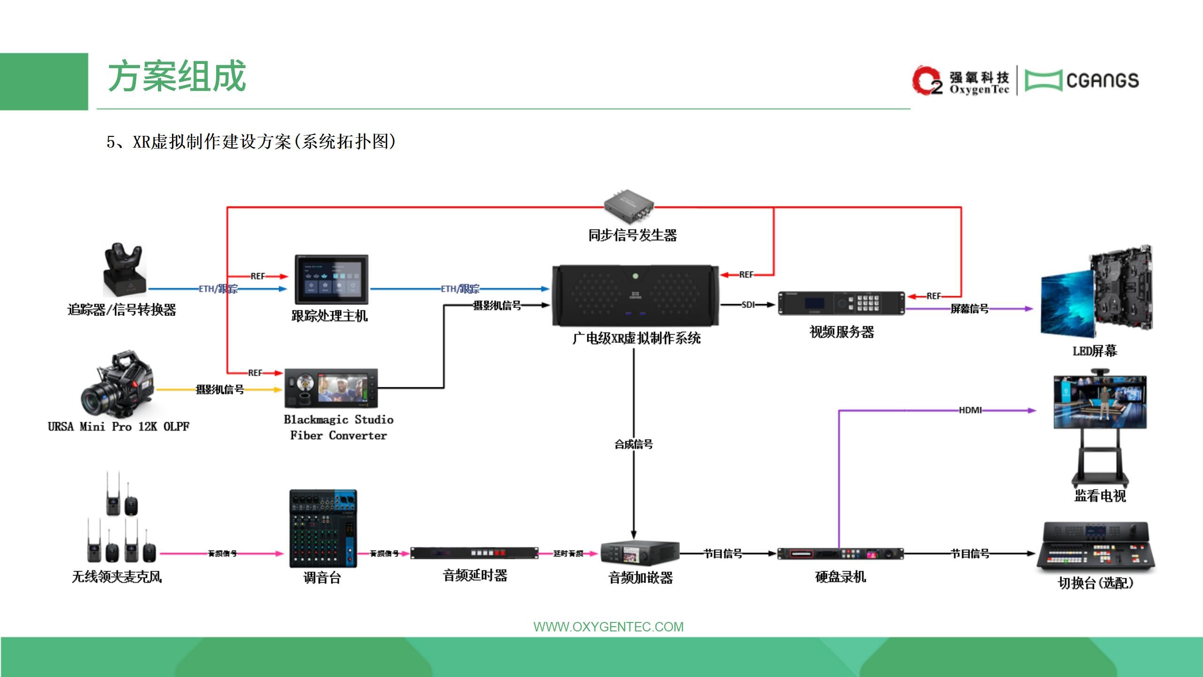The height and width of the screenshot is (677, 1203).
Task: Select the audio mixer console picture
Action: (323, 528)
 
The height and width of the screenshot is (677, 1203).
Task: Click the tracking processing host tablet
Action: (331, 279)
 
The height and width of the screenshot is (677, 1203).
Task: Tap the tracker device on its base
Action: (124, 270)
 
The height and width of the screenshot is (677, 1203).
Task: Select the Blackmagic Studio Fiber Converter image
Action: (331, 388)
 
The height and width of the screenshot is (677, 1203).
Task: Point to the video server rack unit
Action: (841, 303)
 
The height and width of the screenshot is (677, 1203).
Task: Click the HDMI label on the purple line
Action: (970, 410)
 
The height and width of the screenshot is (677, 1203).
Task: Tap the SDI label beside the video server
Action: (748, 305)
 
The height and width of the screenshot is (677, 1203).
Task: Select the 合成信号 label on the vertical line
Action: (633, 444)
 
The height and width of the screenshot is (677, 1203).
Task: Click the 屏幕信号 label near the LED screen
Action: (969, 309)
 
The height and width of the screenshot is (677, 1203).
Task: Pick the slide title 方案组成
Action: (177, 76)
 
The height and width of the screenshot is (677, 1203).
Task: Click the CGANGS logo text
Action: (1102, 80)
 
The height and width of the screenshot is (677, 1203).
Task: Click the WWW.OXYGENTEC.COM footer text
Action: (608, 627)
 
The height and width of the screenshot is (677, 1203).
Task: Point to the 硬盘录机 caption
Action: (840, 576)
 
